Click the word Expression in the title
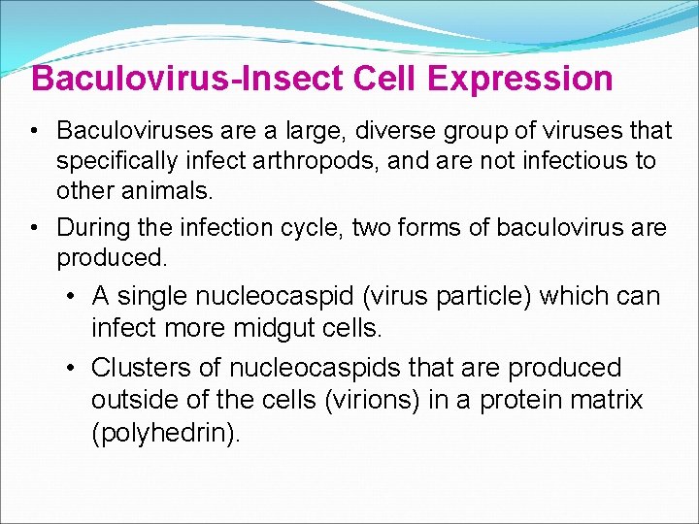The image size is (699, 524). pos(519,79)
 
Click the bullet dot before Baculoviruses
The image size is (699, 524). pos(33,131)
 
